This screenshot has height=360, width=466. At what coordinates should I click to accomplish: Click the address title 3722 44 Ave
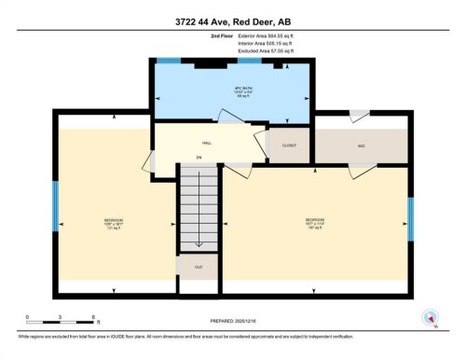pos(232,22)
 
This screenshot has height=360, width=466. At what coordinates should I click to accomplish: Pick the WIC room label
pos(361,145)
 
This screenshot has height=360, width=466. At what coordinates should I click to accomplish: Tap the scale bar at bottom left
pos(56,325)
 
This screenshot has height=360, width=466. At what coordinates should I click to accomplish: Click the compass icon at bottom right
pos(429,320)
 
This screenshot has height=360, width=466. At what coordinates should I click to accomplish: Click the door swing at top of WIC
pos(358,116)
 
